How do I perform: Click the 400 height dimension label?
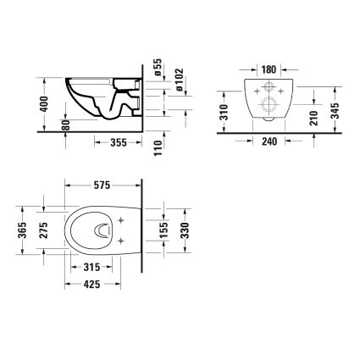(x=43, y=104)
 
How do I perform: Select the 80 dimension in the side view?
(x=65, y=125)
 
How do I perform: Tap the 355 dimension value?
(x=119, y=142)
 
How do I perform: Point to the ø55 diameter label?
(x=158, y=67)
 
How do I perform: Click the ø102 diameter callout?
(x=179, y=80)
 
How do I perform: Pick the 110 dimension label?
(x=158, y=148)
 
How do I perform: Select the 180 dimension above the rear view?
(x=269, y=69)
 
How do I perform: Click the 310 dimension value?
(x=224, y=112)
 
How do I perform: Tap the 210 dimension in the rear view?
(x=313, y=118)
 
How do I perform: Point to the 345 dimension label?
(x=335, y=111)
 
